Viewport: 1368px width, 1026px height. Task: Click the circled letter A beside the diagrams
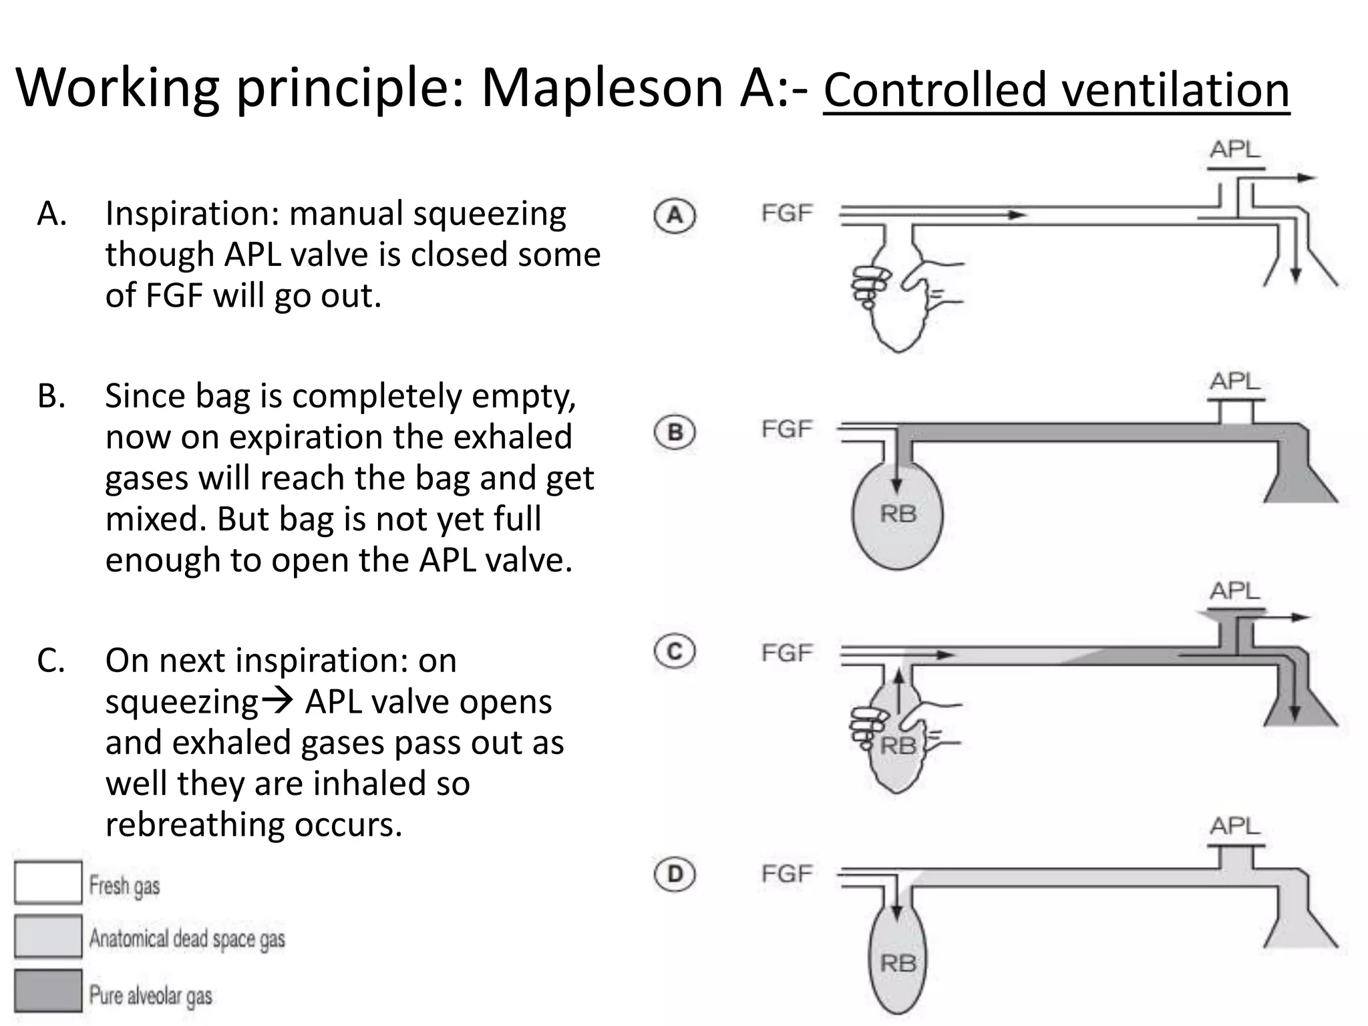(675, 216)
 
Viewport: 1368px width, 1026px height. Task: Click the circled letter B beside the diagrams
(675, 432)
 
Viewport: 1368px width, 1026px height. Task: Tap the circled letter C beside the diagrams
(675, 651)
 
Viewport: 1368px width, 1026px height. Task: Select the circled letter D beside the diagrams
(675, 874)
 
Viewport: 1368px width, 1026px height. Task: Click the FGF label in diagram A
(787, 214)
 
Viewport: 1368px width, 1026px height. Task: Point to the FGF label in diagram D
(787, 874)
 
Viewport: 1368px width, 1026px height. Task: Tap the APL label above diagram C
(1234, 591)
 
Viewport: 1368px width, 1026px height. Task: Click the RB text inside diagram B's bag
(898, 514)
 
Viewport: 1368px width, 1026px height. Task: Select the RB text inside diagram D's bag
(898, 963)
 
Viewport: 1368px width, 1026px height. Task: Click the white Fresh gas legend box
(48, 882)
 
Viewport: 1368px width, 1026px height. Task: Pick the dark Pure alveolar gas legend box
(48, 990)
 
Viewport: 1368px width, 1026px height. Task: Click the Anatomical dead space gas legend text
(187, 938)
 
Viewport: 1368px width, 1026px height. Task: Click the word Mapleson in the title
(601, 88)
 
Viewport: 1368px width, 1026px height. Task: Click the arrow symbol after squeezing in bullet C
(277, 701)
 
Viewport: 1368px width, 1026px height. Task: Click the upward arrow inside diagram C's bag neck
(898, 692)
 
